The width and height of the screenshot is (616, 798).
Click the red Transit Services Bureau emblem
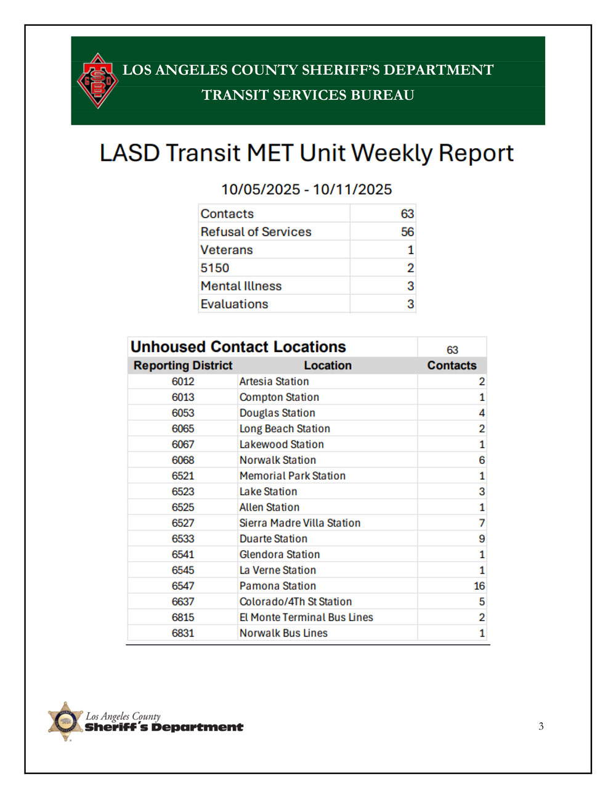pos(97,81)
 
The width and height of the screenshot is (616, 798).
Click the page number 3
pos(541,726)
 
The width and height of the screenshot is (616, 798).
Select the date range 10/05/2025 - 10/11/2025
pos(306,189)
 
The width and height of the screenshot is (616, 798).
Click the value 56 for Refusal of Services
pos(407,232)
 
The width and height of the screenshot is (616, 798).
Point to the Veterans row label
pos(227,250)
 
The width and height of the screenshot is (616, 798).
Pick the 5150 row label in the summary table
pos(215,268)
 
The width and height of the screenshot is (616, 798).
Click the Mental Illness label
pos(241,286)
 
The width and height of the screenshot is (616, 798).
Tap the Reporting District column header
pos(183,365)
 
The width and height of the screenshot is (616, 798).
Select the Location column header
pos(328,365)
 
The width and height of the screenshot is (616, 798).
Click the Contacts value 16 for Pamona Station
pos(479,586)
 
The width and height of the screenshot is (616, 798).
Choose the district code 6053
pos(183,413)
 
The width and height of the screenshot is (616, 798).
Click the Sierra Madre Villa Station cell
pos(300,523)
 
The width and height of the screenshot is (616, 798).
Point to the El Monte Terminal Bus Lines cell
pos(306,617)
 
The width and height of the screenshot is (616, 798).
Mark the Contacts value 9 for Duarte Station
pos(482,538)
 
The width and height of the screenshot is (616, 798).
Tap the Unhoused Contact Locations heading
pos(238,347)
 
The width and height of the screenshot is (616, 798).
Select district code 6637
pos(183,601)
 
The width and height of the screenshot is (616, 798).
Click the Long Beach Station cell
pos(285,429)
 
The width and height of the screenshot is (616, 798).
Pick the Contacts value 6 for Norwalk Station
pos(482,460)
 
